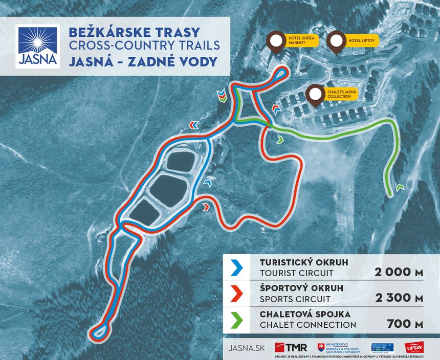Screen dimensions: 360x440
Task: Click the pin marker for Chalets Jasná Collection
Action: pos(314,94)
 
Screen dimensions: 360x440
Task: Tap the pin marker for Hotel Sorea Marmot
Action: pos(276,41)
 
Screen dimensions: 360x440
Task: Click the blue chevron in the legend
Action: pos(235,267)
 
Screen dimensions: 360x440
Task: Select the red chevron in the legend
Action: pos(235,293)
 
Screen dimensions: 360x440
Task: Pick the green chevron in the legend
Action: pos(235,319)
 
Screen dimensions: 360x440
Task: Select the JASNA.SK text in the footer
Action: pos(248,348)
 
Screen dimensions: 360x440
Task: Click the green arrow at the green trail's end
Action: pos(399,188)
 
